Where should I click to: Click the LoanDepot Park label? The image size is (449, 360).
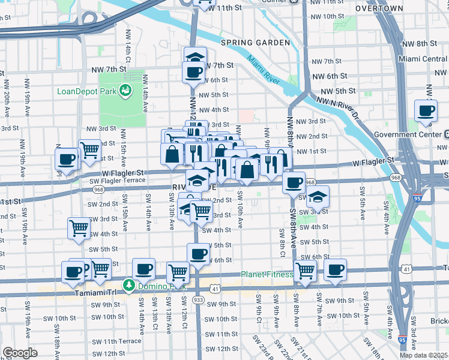[x=86, y=91]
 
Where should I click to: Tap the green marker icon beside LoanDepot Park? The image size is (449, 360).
[x=125, y=91]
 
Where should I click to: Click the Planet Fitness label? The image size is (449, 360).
[x=267, y=275]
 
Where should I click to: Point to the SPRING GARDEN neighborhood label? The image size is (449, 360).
[x=249, y=43]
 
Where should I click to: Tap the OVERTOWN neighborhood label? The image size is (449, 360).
[x=379, y=8]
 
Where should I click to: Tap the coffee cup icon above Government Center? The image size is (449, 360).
[x=426, y=111]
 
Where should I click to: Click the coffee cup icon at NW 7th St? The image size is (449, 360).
[x=194, y=73]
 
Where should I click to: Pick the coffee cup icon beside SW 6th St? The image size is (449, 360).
[x=198, y=253]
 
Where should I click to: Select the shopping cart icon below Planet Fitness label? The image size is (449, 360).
[x=306, y=271]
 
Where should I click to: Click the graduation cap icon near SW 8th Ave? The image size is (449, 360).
[x=318, y=196]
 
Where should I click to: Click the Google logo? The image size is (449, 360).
[x=20, y=353]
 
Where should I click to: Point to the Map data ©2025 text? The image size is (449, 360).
[x=423, y=355]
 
